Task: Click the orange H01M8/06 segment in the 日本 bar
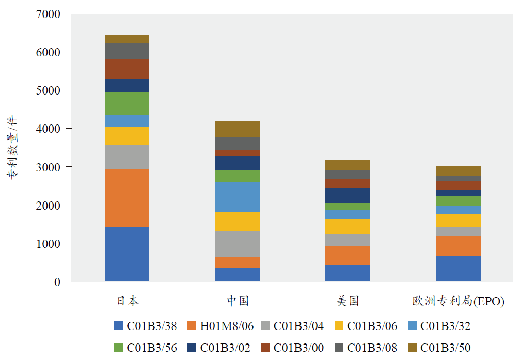[127, 198]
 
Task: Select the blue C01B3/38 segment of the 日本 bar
[127, 254]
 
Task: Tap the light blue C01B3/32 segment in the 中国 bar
[238, 197]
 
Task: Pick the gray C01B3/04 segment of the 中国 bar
[238, 244]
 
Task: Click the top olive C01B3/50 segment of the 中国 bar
[238, 129]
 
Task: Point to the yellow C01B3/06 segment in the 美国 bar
[348, 226]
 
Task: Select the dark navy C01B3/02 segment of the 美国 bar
[348, 195]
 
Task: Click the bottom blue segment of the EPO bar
[458, 268]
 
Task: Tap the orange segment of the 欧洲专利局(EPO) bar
[458, 246]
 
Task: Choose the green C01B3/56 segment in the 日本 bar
[127, 104]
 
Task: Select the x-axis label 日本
[127, 301]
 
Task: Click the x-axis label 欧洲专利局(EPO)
[458, 301]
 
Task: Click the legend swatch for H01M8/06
[192, 326]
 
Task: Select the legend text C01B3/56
[152, 348]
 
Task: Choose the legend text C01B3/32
[446, 326]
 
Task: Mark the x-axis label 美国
[348, 301]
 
